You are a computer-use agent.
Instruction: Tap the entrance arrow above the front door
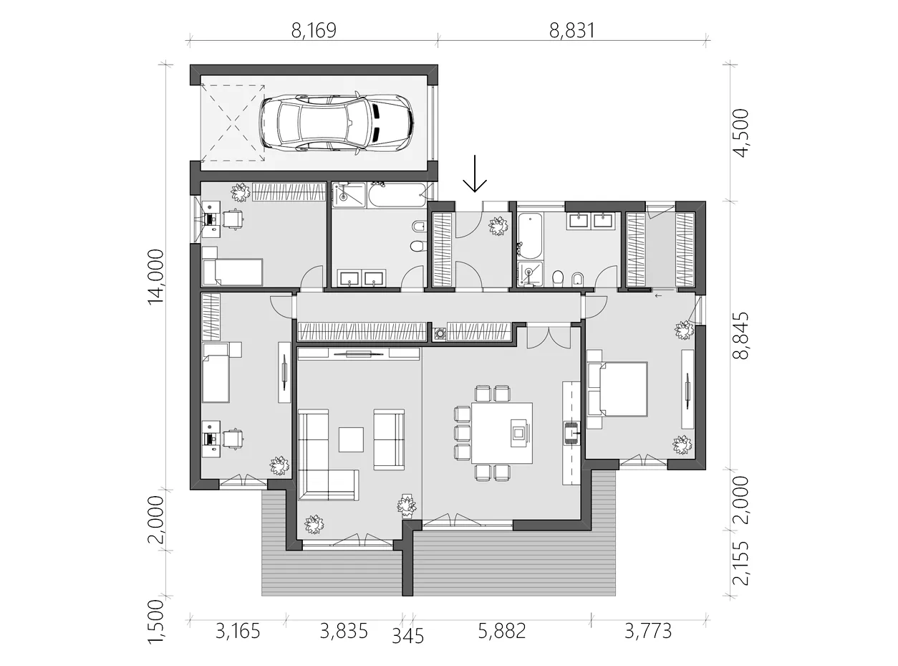[475, 176]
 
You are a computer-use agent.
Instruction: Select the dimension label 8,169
[313, 30]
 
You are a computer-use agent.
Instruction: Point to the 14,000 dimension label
[156, 277]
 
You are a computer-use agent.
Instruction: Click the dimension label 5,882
[503, 631]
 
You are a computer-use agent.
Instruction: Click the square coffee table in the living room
[351, 439]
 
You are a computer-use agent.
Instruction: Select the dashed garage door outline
[233, 122]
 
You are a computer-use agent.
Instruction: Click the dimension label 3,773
[648, 631]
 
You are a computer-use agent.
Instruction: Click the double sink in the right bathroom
[591, 220]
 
